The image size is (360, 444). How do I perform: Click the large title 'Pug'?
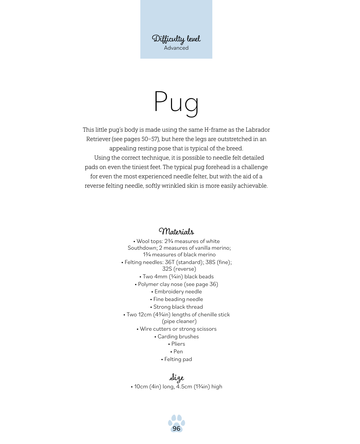click(176, 102)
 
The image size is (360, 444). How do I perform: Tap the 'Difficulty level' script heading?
click(176, 39)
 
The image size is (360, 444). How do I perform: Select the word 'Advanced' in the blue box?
click(176, 48)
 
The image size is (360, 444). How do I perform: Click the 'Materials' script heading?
click(176, 231)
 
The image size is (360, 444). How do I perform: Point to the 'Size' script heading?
click(176, 377)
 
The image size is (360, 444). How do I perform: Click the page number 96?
click(176, 429)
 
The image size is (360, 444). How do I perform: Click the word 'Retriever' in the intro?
click(98, 139)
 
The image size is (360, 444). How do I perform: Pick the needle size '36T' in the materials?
click(170, 262)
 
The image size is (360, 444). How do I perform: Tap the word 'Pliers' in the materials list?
click(178, 344)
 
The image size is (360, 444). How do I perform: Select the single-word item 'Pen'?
click(178, 352)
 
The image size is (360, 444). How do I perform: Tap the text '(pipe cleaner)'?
click(179, 321)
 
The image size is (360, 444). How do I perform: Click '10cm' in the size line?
click(141, 387)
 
